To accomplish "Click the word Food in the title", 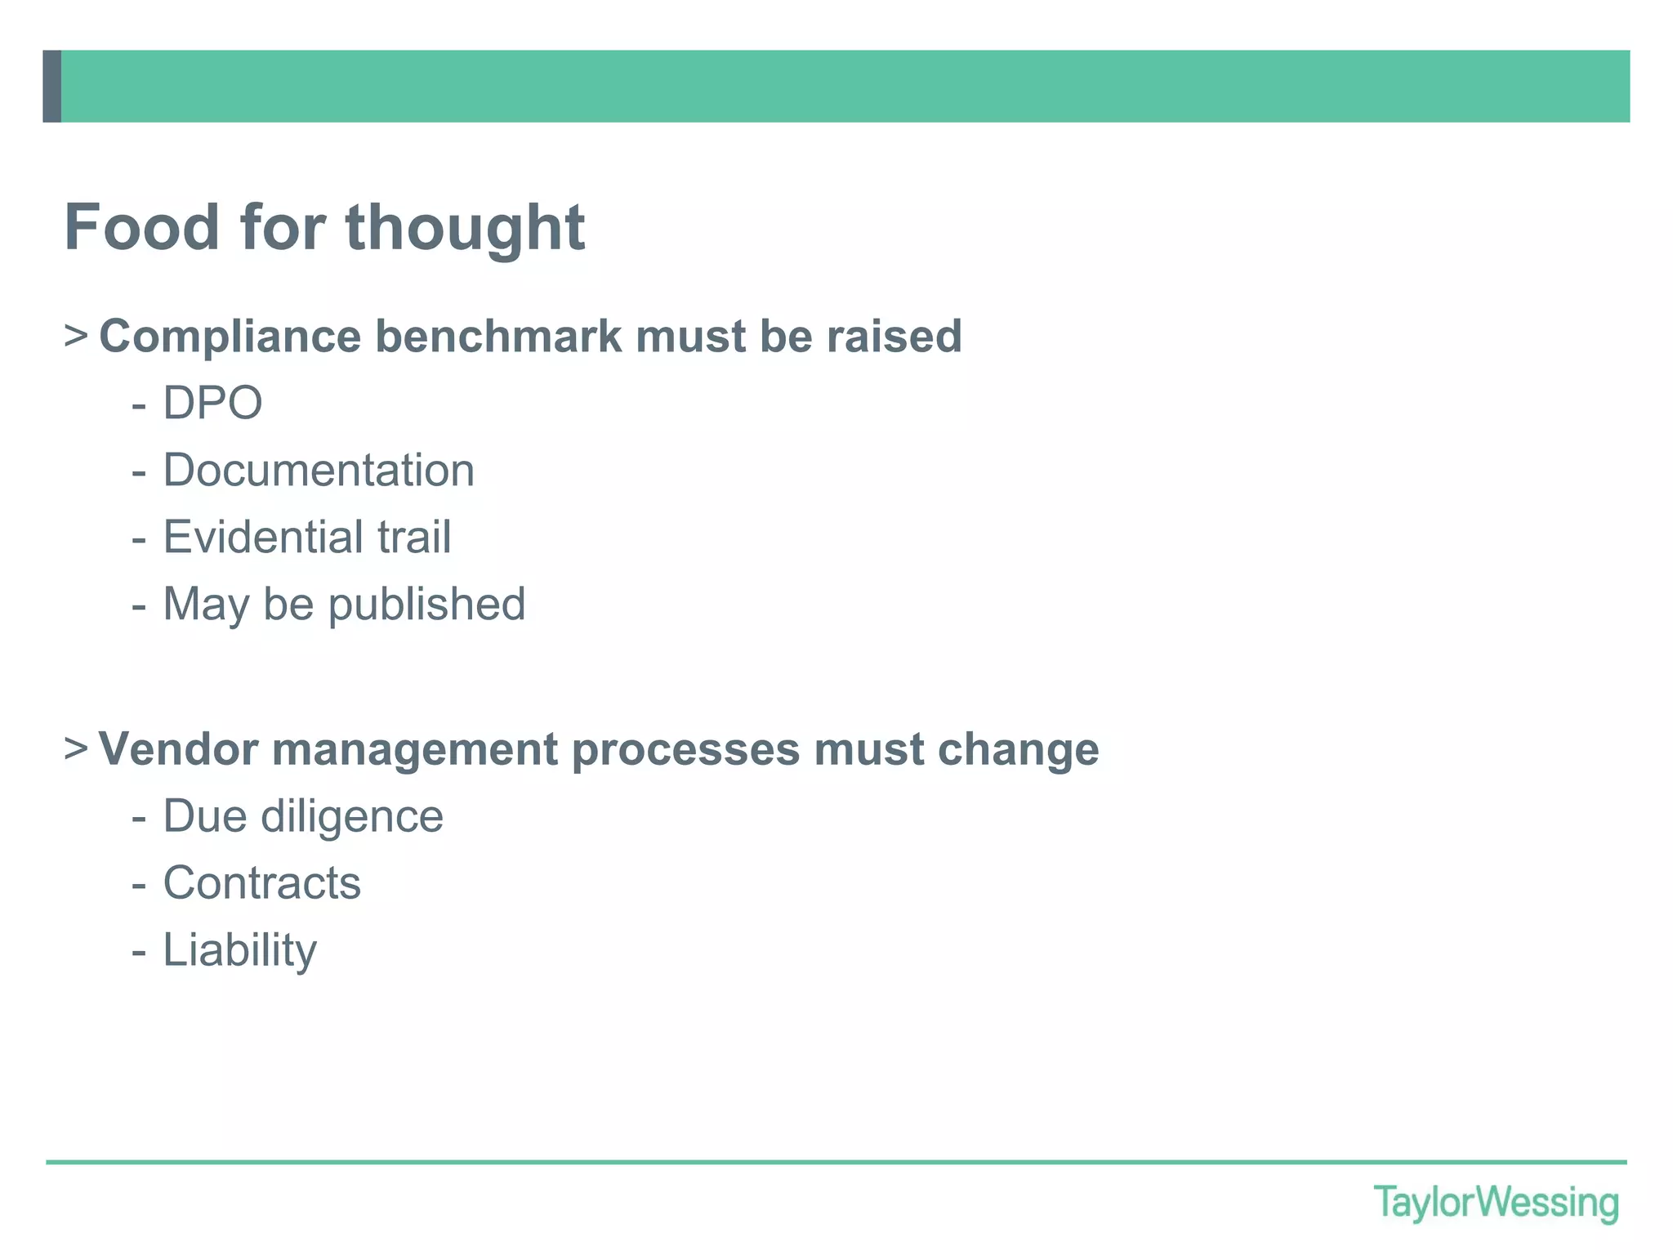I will tap(142, 227).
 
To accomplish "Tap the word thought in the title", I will tap(465, 227).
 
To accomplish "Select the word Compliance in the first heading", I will tap(230, 337).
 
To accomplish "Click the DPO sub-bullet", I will tap(212, 403).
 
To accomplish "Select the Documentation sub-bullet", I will tap(319, 471).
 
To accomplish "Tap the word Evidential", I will tap(263, 537).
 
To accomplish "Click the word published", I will tap(426, 605).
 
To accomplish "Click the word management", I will tap(415, 749).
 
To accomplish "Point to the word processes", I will tap(685, 749).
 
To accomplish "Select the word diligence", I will tap(352, 816).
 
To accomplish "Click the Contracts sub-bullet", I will tap(261, 883).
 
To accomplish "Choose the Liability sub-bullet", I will tap(239, 950).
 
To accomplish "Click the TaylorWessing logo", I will tap(1496, 1203).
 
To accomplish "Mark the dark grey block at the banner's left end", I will tap(51, 87).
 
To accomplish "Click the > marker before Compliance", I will tap(75, 336).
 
